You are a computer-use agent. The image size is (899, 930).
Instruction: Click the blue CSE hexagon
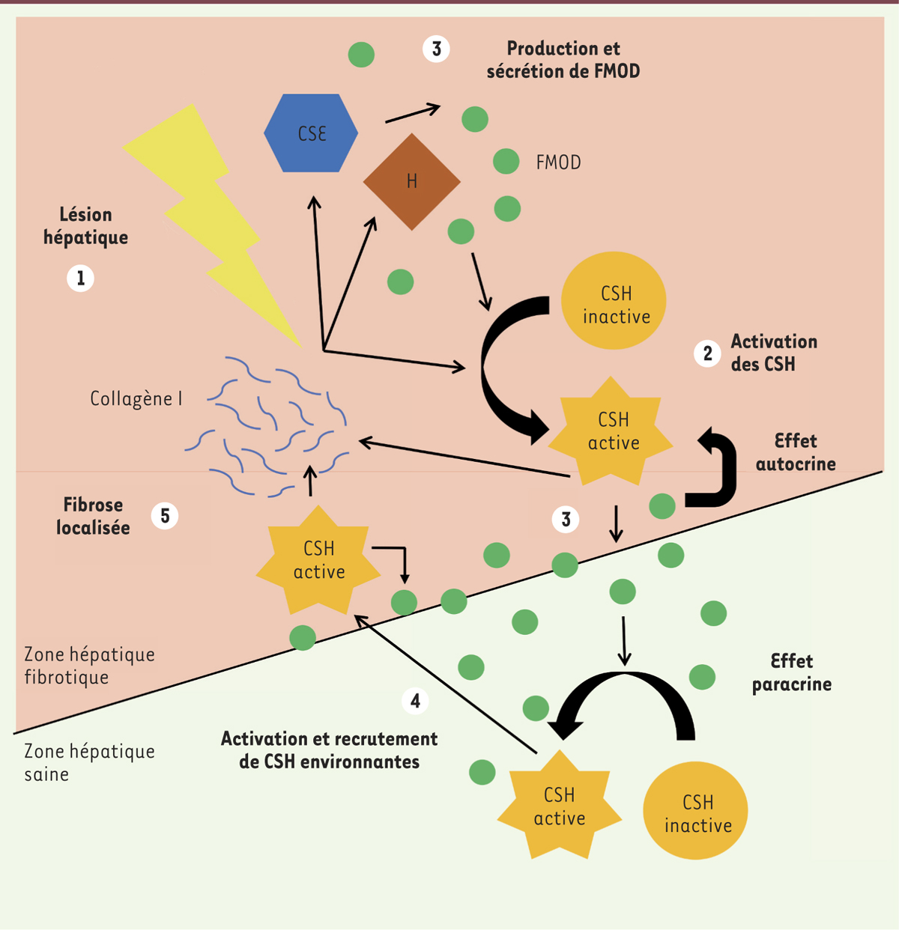pos(311,133)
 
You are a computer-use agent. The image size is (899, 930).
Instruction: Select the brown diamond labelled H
pos(411,181)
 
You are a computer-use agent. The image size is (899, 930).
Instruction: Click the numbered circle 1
pos(81,279)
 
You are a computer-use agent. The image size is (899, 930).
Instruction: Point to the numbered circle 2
pos(707,353)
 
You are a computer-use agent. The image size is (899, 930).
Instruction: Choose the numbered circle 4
pos(415,701)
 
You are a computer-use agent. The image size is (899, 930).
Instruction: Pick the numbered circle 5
pos(165,516)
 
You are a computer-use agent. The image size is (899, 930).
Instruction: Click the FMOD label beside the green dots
pos(558,162)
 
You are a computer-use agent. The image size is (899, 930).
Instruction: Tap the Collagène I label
pos(136,399)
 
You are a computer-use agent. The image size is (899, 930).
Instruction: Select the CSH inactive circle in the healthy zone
pos(696,811)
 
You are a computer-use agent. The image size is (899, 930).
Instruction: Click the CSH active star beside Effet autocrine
pos(612,431)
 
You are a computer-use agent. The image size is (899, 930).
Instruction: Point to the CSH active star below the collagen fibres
pos(318,560)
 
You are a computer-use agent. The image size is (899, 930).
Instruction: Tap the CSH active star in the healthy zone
pos(559,806)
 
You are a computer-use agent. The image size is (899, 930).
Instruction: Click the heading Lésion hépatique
pos(85,226)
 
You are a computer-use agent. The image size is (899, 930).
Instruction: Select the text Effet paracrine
pos(792,672)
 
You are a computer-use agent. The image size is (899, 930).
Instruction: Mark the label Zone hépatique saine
pos(89,762)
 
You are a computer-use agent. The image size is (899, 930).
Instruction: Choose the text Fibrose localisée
pos(93,516)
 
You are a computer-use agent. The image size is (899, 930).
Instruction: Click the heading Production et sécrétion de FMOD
pos(563,60)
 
